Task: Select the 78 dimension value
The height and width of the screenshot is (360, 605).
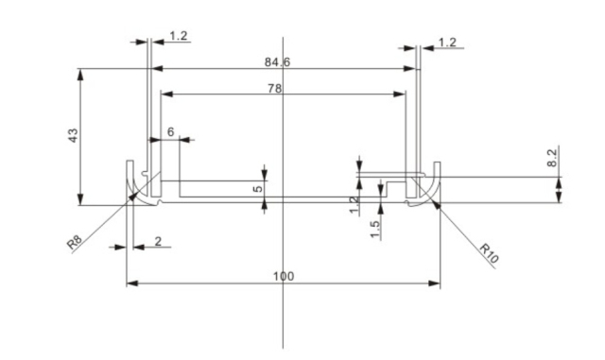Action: [x=275, y=88]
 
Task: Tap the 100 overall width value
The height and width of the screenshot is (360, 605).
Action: [x=284, y=276]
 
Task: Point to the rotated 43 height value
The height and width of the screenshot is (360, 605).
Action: [x=72, y=135]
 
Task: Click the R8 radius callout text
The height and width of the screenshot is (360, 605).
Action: [x=75, y=244]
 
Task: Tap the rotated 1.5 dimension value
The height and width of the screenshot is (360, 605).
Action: [x=375, y=229]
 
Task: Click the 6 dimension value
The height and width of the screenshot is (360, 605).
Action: [x=171, y=132]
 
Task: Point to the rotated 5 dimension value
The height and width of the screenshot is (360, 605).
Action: [x=257, y=189]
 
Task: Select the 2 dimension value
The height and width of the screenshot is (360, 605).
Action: [x=156, y=241]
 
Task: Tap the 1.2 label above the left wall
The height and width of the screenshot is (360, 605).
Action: [x=179, y=36]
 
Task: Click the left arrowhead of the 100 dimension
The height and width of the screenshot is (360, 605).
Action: [x=130, y=283]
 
